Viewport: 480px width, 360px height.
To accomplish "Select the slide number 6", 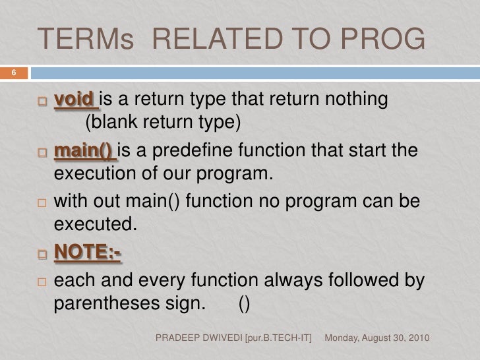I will (12, 73).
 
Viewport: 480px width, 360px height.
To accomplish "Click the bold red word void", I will (74, 100).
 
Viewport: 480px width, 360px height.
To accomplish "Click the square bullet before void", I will (43, 102).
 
